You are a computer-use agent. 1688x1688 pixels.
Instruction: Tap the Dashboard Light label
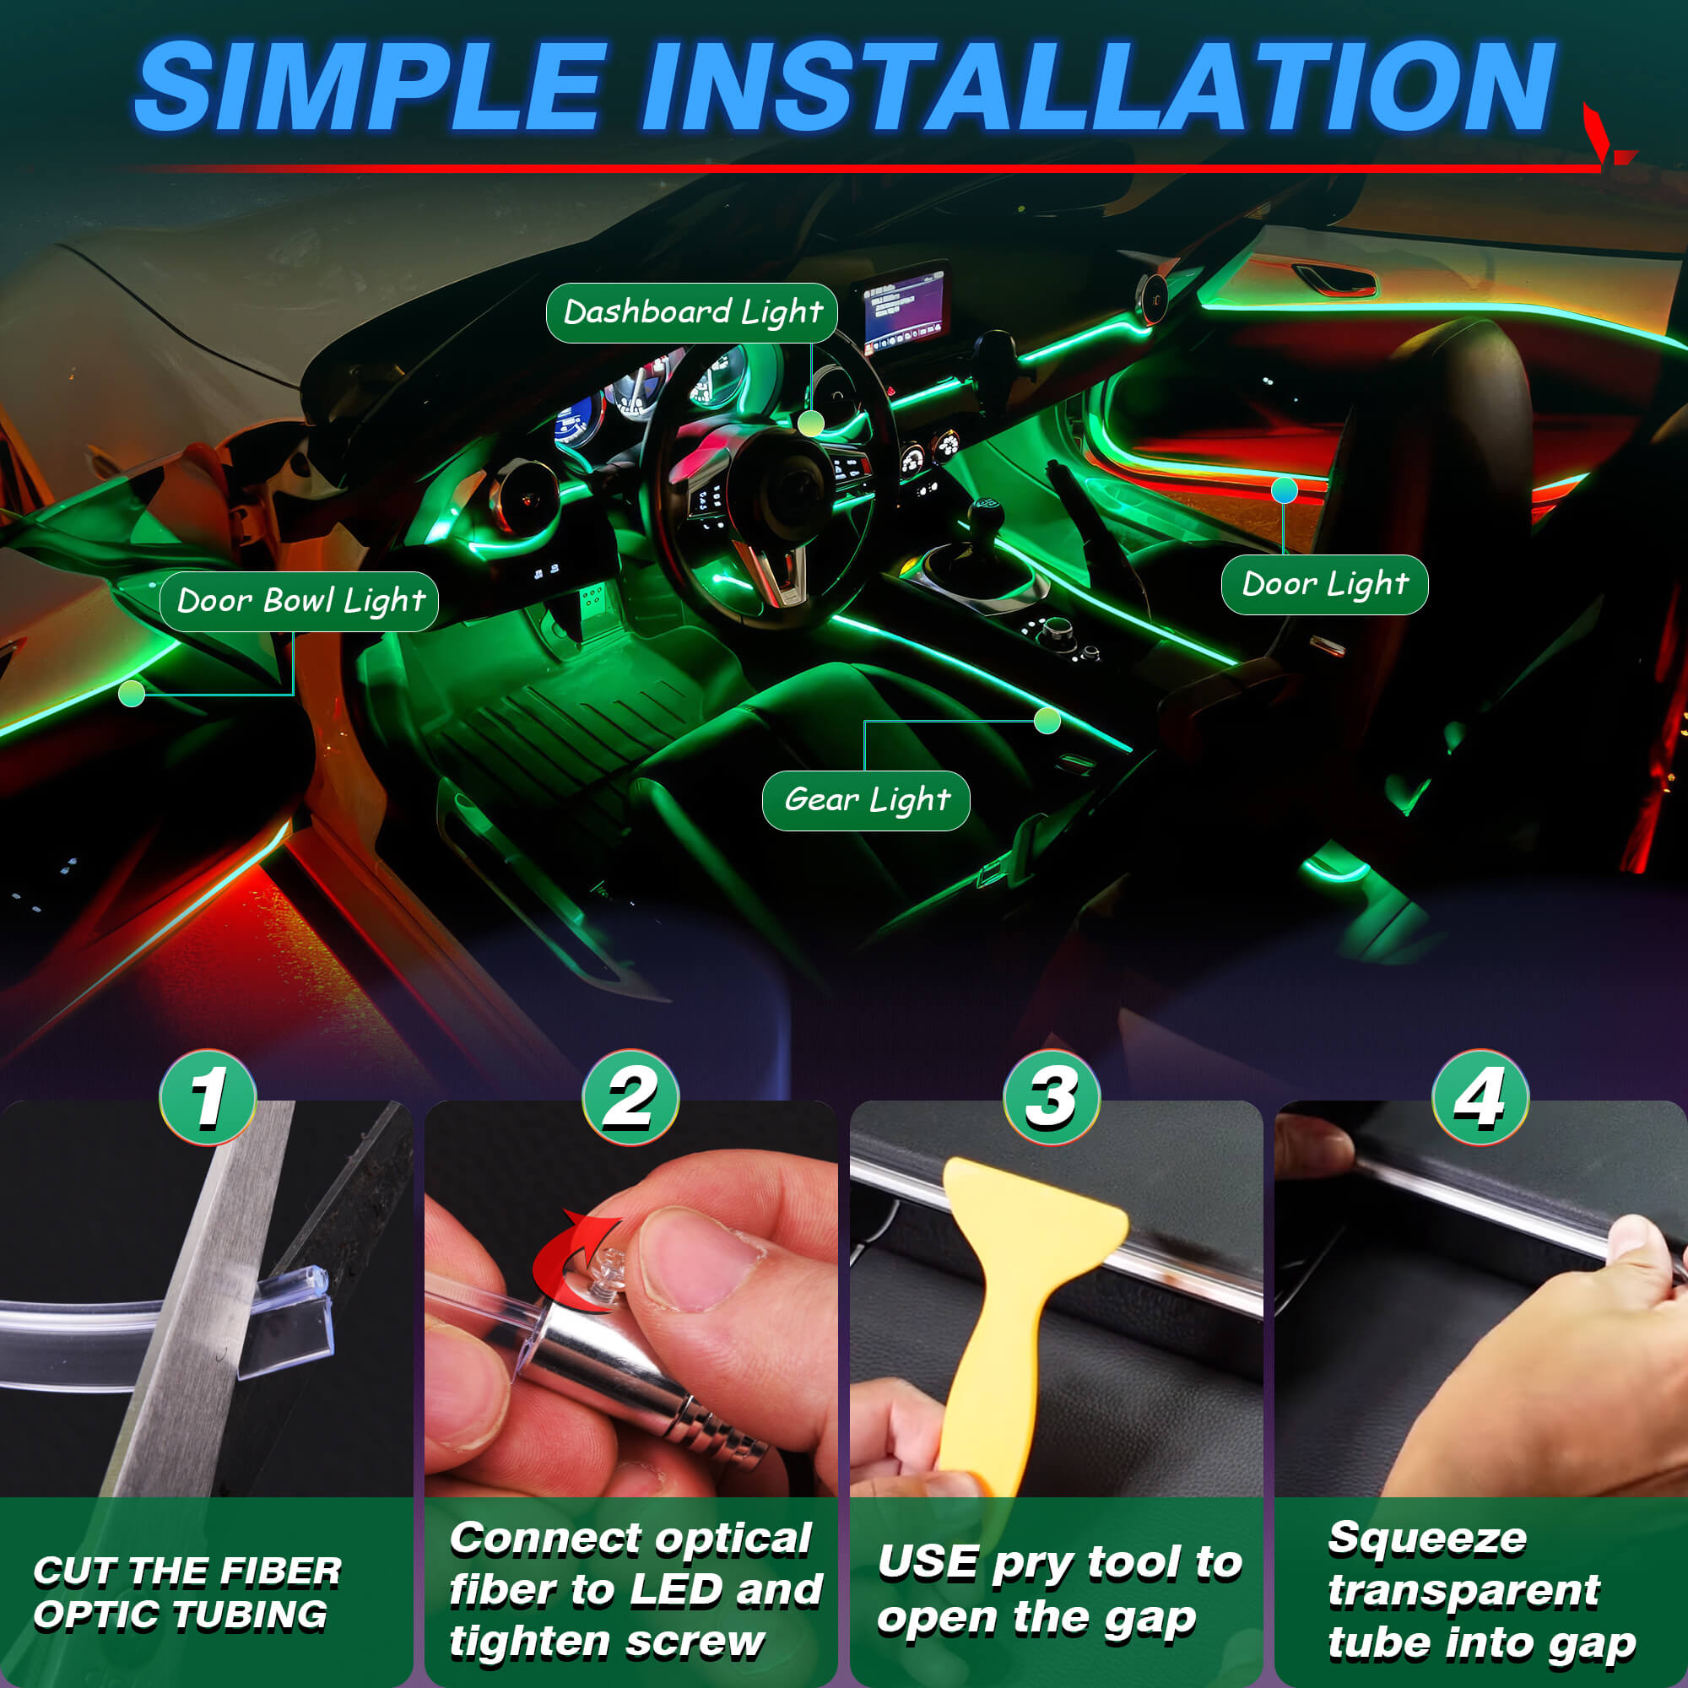click(x=692, y=313)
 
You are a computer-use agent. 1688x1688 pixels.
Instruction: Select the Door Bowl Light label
click(x=299, y=601)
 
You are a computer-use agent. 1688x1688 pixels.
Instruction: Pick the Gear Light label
click(x=866, y=800)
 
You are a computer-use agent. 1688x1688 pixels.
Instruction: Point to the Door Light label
click(x=1324, y=585)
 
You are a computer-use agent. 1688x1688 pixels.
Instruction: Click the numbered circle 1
click(x=208, y=1097)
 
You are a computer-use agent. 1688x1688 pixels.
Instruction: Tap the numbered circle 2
click(x=630, y=1097)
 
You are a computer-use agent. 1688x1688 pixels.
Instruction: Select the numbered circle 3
click(x=1052, y=1097)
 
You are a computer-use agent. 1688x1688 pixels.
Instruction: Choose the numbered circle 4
click(x=1481, y=1097)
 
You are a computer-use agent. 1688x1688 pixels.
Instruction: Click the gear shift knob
click(x=986, y=511)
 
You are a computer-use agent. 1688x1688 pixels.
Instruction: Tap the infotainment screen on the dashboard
click(x=906, y=308)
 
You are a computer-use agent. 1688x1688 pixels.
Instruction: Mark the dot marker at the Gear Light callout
click(x=1047, y=721)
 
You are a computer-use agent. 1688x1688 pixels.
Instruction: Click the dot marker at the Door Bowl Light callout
click(x=131, y=694)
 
